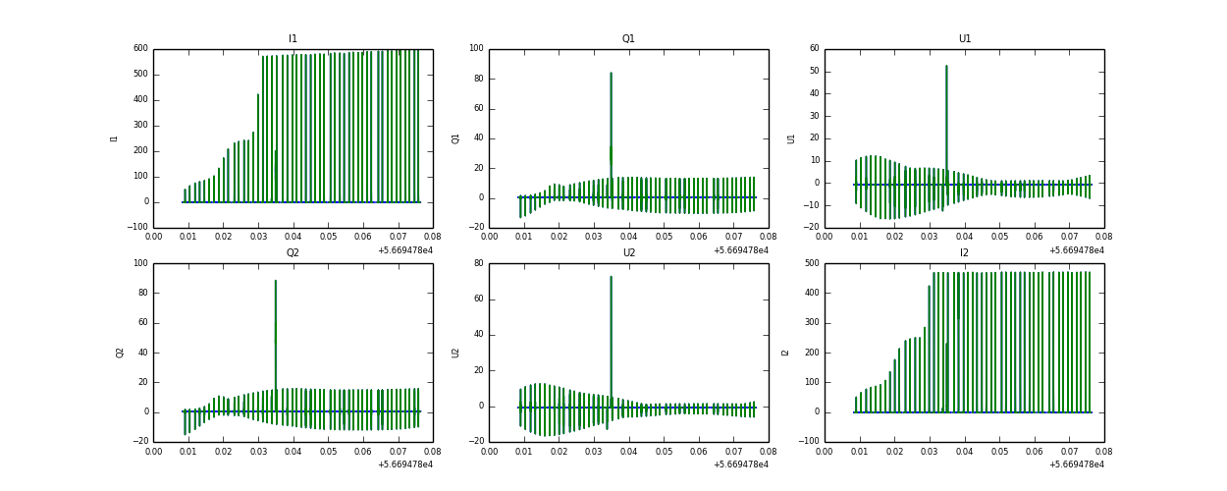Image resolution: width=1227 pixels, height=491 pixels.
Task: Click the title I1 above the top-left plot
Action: [x=293, y=39]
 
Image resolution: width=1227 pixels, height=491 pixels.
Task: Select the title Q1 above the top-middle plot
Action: [x=628, y=39]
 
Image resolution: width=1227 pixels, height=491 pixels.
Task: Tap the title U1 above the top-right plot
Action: [x=964, y=39]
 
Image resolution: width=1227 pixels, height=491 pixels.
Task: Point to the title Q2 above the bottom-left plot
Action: [x=293, y=253]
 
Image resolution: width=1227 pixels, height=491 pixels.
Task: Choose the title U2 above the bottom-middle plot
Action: [x=628, y=253]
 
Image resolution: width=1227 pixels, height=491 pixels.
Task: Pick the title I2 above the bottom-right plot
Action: [x=964, y=253]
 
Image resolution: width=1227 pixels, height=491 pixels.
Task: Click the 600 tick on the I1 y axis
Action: [x=140, y=49]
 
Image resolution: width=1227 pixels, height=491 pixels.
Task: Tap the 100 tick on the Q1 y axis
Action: [x=476, y=49]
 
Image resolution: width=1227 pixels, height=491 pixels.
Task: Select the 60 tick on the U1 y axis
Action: [x=814, y=49]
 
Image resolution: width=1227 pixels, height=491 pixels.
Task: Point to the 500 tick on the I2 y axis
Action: [x=811, y=263]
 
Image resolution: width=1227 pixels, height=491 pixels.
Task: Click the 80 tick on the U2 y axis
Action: [x=478, y=263]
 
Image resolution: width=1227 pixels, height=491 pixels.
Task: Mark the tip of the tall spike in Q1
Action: [x=611, y=73]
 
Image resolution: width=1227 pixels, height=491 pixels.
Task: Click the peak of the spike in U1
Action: [x=946, y=66]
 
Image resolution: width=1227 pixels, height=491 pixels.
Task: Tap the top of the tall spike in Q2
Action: [x=275, y=281]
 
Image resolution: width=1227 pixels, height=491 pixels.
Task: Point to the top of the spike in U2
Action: [x=611, y=276]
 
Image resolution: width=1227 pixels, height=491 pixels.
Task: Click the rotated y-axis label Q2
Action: [x=120, y=353]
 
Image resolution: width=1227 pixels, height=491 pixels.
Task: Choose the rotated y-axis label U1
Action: [x=791, y=138]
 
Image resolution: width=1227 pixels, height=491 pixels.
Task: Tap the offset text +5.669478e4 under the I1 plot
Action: [x=404, y=250]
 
